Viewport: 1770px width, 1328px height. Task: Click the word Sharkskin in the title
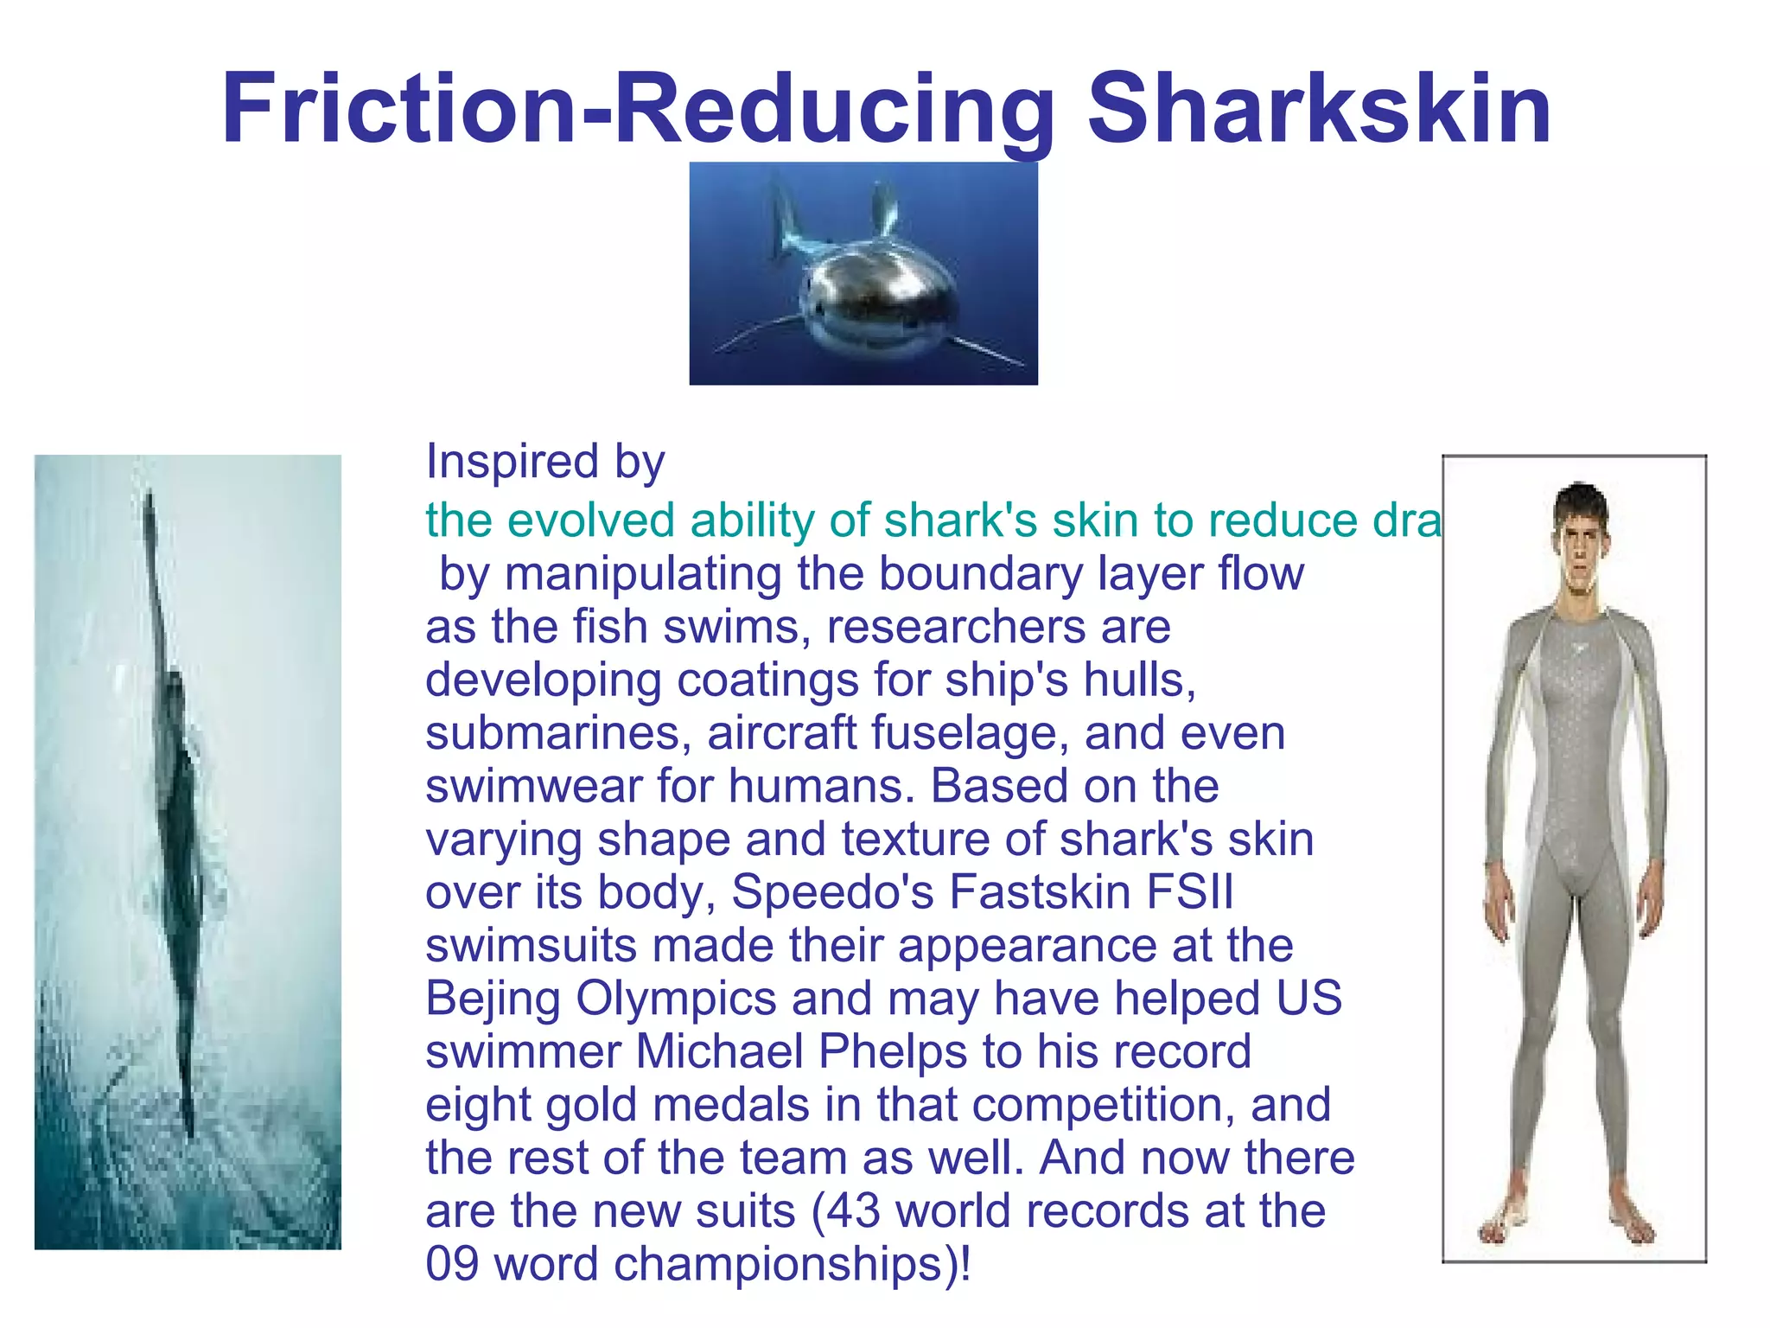click(1319, 109)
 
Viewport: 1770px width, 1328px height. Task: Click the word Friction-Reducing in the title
click(638, 109)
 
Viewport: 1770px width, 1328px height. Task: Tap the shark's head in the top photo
click(879, 298)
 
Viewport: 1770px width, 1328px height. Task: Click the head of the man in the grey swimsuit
click(1579, 536)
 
